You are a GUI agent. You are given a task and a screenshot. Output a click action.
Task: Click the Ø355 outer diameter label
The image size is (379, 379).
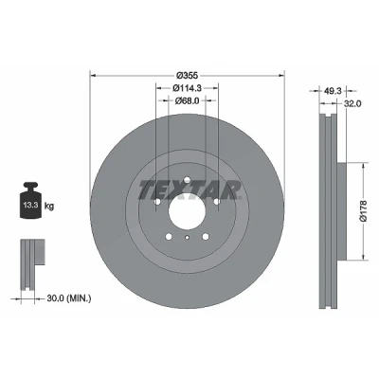[187, 76]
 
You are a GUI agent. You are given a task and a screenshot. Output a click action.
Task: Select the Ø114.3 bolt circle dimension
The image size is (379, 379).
[187, 88]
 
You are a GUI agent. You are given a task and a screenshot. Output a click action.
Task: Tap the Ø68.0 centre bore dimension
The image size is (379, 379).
[187, 100]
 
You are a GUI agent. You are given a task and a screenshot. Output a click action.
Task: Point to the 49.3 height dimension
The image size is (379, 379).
[333, 91]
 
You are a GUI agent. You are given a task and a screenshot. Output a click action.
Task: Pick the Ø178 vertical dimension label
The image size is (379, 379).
[364, 211]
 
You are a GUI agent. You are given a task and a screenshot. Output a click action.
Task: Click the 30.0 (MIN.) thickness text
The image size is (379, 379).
[69, 298]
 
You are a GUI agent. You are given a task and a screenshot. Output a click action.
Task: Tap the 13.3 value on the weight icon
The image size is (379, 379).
[29, 205]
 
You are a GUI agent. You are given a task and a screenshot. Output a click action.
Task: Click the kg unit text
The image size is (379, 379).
[49, 207]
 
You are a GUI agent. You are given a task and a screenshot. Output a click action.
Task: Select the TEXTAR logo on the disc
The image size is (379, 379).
[189, 190]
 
